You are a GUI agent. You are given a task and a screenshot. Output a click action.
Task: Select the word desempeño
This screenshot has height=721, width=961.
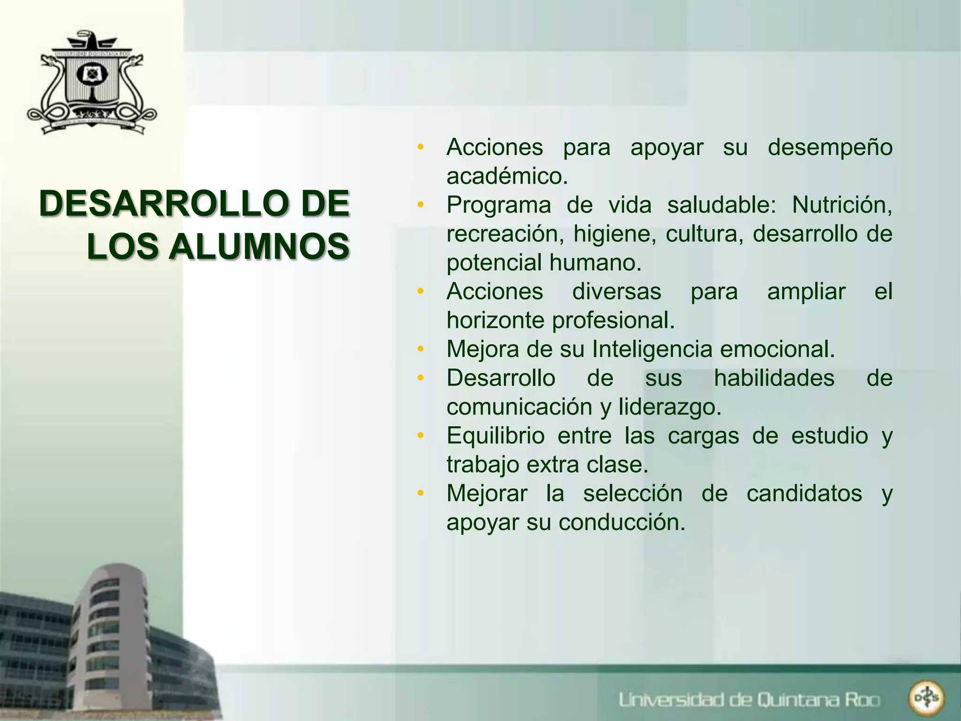(830, 148)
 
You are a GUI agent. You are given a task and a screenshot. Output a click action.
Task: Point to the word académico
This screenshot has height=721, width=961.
(507, 176)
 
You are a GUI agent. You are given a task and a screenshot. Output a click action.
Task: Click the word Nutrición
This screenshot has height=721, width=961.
(842, 205)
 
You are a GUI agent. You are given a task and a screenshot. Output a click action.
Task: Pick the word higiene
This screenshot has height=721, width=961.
(615, 234)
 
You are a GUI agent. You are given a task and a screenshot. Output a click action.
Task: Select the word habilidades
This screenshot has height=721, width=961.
(774, 378)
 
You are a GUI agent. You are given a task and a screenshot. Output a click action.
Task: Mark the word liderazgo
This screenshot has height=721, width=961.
(670, 407)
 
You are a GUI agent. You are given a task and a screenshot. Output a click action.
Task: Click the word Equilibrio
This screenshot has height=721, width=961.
(496, 436)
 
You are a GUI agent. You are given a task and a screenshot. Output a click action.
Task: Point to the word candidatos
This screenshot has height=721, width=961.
(804, 494)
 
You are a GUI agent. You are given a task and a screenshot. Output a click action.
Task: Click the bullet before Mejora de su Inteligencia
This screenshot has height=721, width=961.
(420, 349)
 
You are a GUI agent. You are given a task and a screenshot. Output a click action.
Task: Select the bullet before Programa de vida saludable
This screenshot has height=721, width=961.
(420, 205)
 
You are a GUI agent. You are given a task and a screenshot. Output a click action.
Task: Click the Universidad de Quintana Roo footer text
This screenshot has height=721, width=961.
(749, 700)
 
